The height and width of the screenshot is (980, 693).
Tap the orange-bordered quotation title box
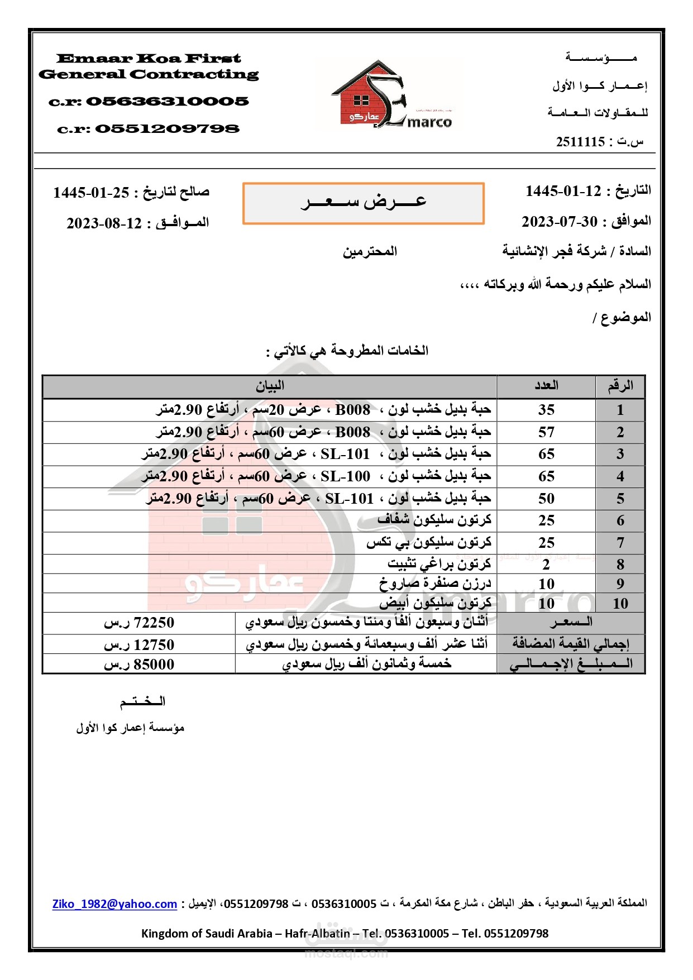tap(363, 203)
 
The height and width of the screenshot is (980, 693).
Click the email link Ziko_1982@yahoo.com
tap(114, 904)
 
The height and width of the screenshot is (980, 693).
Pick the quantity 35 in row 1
tap(546, 410)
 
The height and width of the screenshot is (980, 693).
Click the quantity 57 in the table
tap(546, 432)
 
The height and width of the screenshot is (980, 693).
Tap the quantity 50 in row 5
tap(546, 499)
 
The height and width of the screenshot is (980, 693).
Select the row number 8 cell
tap(620, 565)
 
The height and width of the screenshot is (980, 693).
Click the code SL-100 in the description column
tap(345, 476)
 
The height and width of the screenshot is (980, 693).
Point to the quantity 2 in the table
tap(546, 565)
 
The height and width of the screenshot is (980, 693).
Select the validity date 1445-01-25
tap(91, 193)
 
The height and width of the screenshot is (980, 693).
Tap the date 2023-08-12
tap(104, 223)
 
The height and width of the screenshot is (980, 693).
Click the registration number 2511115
tap(580, 142)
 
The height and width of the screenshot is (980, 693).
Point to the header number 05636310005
tap(167, 102)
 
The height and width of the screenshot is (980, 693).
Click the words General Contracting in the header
tap(149, 74)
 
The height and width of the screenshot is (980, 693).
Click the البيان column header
tap(270, 386)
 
